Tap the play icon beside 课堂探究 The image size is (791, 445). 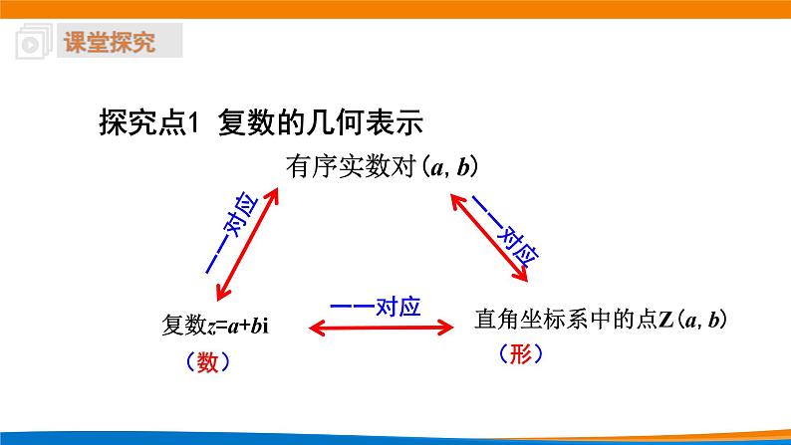[x=31, y=44]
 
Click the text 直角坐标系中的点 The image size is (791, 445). [x=553, y=320]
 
